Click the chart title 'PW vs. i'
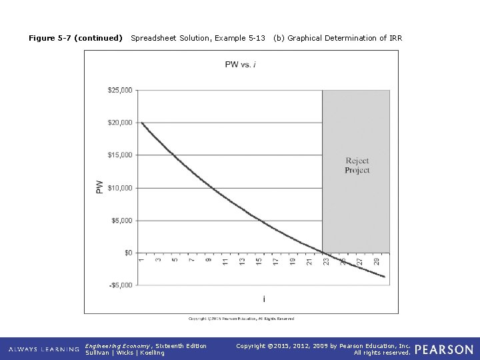[x=241, y=64]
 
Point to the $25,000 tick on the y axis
[x=120, y=90]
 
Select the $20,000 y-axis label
[x=120, y=123]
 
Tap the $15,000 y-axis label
[x=120, y=155]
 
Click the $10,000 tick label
[x=120, y=188]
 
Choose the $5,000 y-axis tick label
[x=121, y=221]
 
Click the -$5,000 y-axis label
[x=120, y=285]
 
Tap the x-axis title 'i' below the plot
[x=263, y=299]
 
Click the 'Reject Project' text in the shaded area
[x=357, y=165]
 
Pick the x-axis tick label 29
[x=377, y=263]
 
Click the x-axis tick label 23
[x=326, y=263]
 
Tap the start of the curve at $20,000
[x=142, y=123]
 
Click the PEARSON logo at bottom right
[x=444, y=349]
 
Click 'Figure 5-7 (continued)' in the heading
[x=75, y=38]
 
